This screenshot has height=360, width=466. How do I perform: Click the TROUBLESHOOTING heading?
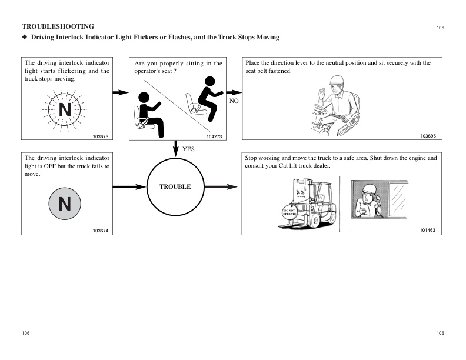pyautogui.click(x=58, y=26)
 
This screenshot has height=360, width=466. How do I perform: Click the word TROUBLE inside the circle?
pyautogui.click(x=175, y=186)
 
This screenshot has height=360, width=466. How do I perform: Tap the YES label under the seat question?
pyautogui.click(x=188, y=149)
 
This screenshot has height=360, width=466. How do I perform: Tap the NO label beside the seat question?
pyautogui.click(x=234, y=101)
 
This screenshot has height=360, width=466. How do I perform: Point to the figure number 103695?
pyautogui.click(x=428, y=136)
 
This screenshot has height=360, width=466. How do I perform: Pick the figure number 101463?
pyautogui.click(x=428, y=231)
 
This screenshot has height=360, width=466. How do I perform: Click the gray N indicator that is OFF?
pyautogui.click(x=65, y=204)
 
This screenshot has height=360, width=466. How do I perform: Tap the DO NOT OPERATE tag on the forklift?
pyautogui.click(x=289, y=212)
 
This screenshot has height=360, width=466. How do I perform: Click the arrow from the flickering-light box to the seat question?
pyautogui.click(x=120, y=92)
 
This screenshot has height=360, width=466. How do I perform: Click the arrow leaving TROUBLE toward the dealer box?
pyautogui.click(x=223, y=187)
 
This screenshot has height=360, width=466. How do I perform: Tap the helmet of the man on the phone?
pyautogui.click(x=370, y=188)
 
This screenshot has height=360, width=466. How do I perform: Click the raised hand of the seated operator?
pyautogui.click(x=322, y=93)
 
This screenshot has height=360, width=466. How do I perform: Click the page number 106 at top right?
pyautogui.click(x=440, y=28)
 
